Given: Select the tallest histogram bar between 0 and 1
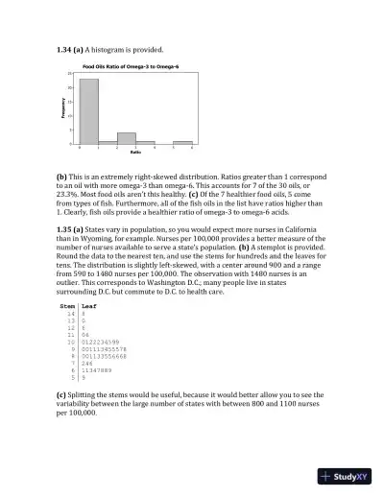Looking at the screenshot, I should [88, 111].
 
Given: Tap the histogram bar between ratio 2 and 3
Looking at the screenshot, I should [126, 138].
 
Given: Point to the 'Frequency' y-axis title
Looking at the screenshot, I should [56, 109].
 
